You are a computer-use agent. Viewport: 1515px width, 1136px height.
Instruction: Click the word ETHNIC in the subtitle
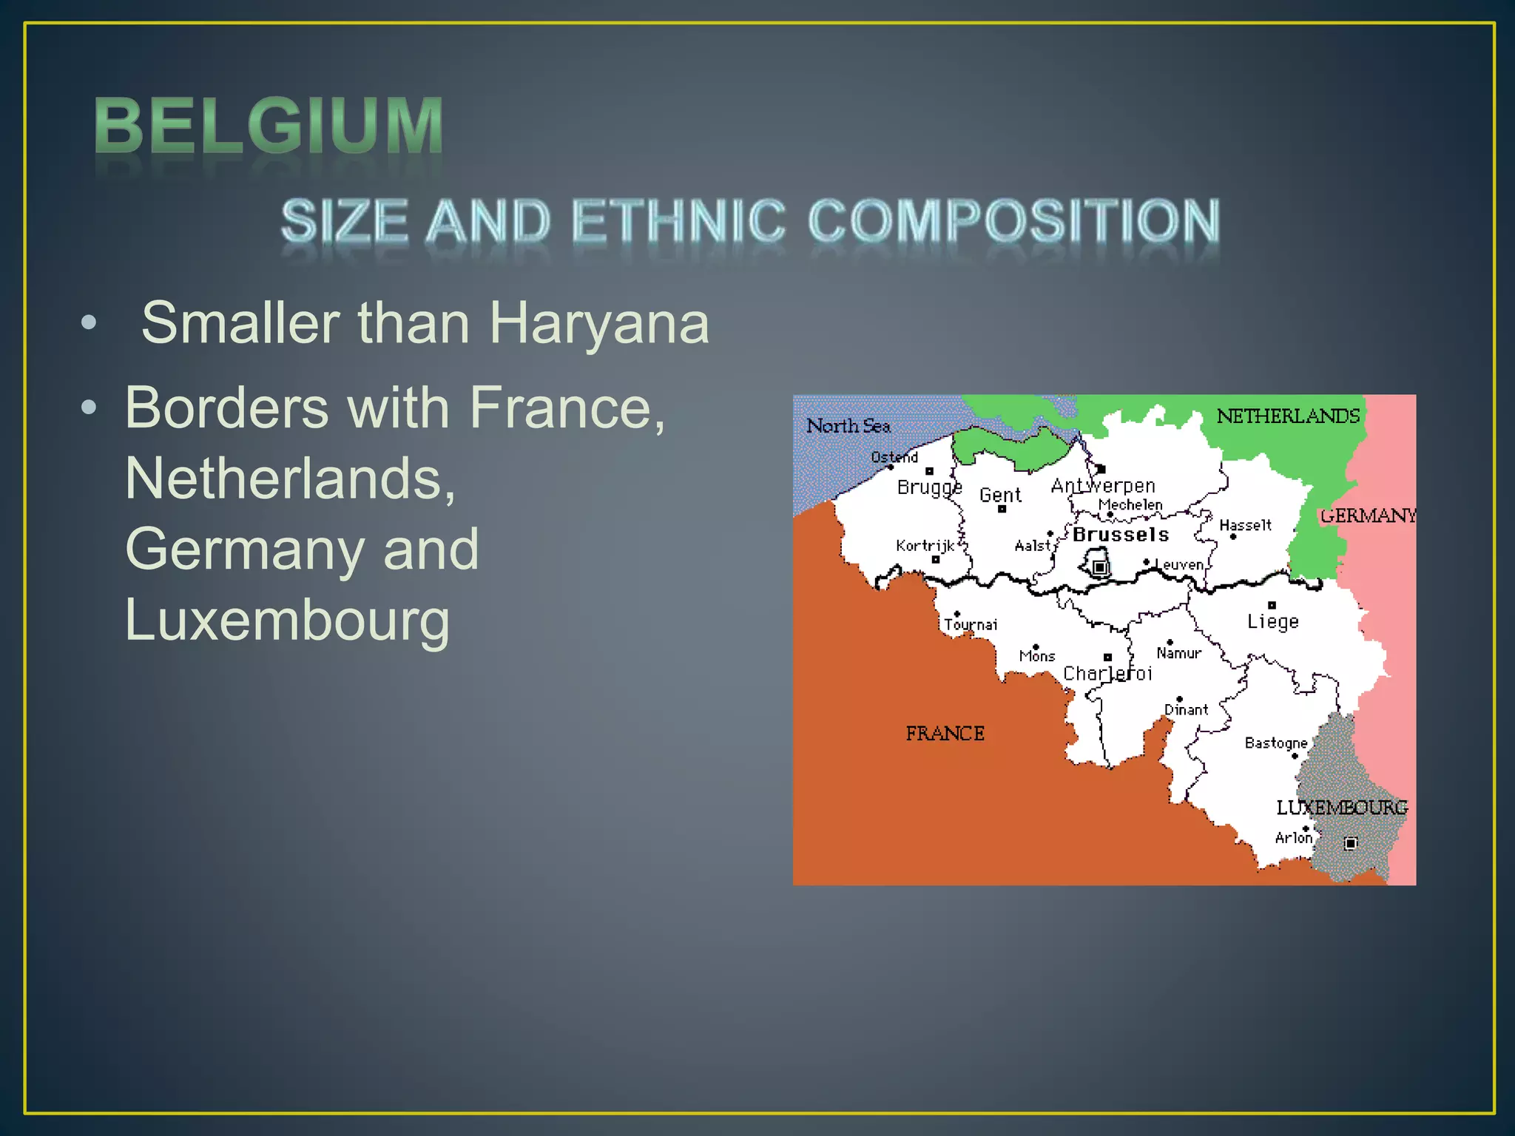678,221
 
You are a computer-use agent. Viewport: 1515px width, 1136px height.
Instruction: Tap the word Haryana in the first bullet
599,323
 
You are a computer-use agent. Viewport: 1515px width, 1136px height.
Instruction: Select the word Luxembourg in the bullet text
287,620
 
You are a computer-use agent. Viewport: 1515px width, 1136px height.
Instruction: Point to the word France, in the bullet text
567,408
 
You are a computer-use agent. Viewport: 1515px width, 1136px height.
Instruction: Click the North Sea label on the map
848,426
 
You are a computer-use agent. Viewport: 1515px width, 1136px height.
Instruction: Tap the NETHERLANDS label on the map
1288,416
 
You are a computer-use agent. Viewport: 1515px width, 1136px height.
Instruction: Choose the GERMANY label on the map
1368,515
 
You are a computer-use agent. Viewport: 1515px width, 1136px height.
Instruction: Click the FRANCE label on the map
945,734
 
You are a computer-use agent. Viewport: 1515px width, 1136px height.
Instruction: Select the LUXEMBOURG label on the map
1341,808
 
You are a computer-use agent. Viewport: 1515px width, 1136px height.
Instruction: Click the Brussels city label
1121,535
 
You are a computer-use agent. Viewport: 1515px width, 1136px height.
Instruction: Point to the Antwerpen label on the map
1103,486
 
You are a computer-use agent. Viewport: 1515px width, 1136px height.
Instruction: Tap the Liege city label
1272,621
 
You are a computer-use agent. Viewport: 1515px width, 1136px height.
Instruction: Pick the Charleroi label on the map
1107,673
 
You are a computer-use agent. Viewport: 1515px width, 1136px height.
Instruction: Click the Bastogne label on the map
1275,743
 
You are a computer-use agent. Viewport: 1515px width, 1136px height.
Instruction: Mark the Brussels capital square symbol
1100,567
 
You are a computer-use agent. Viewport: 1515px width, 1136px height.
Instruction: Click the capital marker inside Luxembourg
1351,843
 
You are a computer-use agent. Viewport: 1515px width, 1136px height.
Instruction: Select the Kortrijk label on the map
925,546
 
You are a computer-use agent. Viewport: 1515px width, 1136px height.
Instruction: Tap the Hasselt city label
1245,525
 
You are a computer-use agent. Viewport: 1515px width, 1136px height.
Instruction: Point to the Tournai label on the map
971,625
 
